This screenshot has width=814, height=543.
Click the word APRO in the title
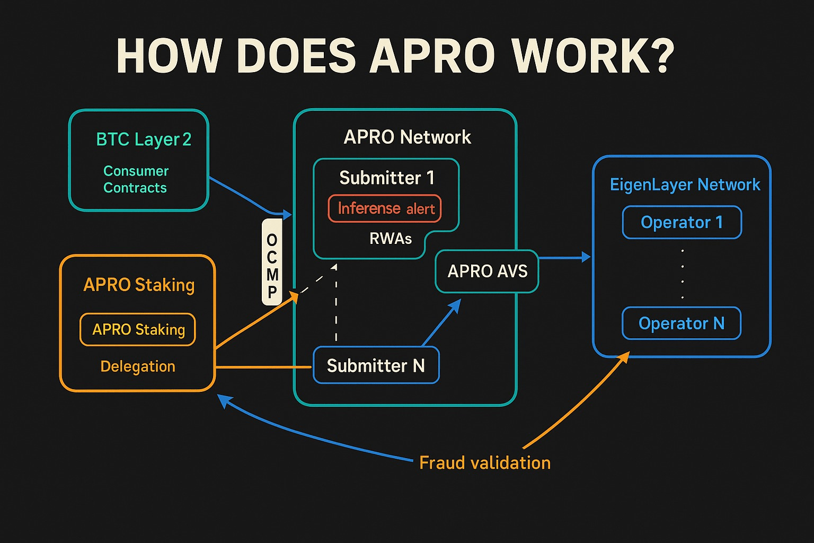click(431, 56)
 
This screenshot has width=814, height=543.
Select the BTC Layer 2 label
click(143, 139)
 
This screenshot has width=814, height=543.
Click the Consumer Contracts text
click(136, 179)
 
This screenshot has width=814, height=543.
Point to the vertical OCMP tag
click(272, 262)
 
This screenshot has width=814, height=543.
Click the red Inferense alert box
click(385, 208)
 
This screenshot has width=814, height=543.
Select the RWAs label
click(391, 239)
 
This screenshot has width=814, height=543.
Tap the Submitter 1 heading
click(387, 178)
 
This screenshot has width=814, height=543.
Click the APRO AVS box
click(487, 271)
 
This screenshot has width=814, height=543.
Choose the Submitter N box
click(376, 365)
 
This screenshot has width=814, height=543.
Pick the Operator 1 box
click(682, 222)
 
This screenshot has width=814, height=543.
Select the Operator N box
click(681, 323)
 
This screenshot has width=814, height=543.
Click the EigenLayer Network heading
click(685, 185)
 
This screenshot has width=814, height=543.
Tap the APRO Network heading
click(407, 137)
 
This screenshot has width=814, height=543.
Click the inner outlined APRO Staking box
click(138, 329)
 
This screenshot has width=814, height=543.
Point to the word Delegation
click(138, 366)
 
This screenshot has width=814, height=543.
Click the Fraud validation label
click(485, 463)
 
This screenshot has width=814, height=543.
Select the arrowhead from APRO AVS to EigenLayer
click(586, 257)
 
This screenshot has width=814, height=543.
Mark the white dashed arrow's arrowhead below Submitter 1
click(334, 267)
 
